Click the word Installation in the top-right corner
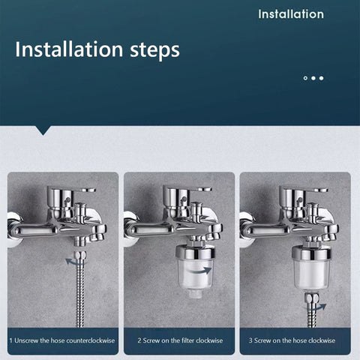[x=291, y=14]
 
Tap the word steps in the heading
[x=148, y=50]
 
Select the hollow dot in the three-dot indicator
[x=305, y=77]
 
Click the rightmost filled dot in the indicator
[x=322, y=77]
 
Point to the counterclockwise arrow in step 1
[x=73, y=260]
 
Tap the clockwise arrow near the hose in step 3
[x=320, y=305]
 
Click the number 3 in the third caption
[x=251, y=340]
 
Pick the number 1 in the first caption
[x=11, y=340]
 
